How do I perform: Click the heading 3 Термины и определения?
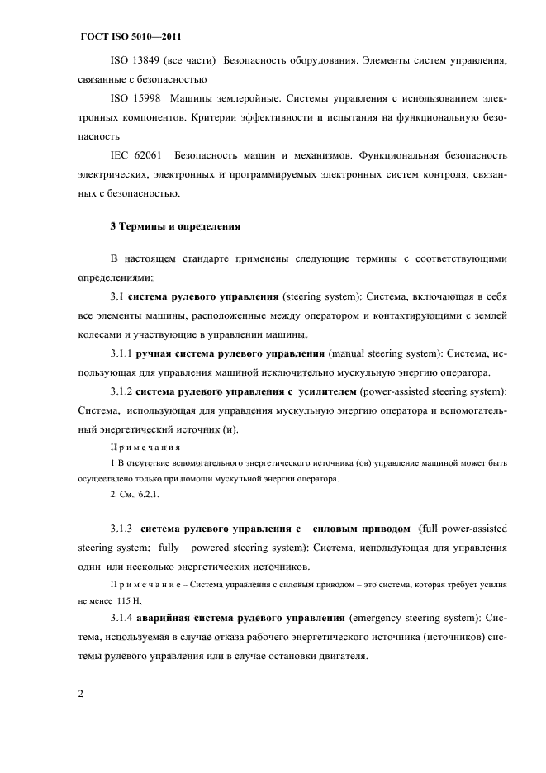pyautogui.click(x=174, y=225)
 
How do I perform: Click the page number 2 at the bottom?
pyautogui.click(x=81, y=694)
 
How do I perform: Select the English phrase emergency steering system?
pyautogui.click(x=416, y=619)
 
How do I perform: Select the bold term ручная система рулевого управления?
pyautogui.click(x=230, y=354)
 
